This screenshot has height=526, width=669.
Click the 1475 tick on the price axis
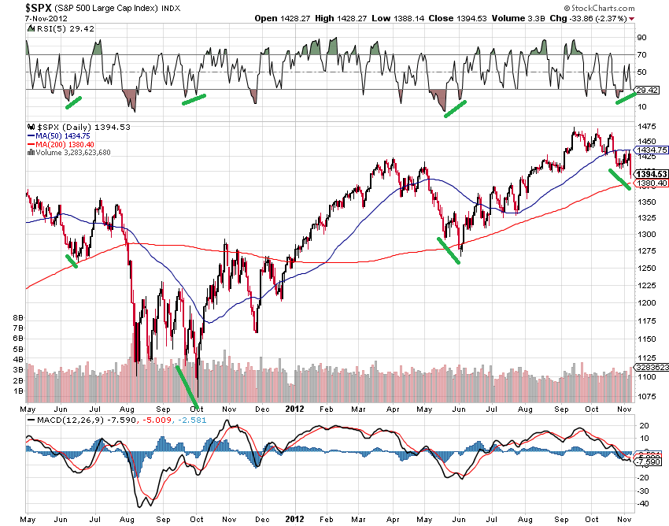(x=647, y=127)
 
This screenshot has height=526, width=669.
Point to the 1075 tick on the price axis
(x=647, y=396)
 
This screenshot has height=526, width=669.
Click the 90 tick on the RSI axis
(x=641, y=38)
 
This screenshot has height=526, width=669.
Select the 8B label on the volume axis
(x=17, y=317)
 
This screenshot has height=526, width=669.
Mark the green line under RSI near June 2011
(x=72, y=102)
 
